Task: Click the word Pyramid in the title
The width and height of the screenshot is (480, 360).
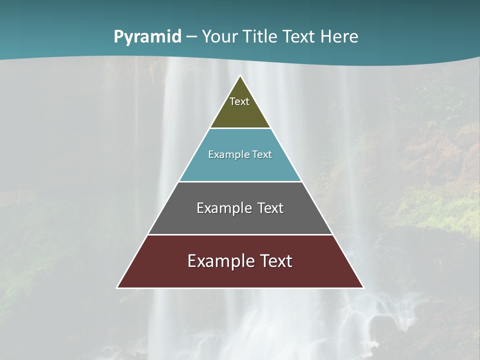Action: [147, 37]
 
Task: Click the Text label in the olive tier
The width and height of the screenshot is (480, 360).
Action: [239, 101]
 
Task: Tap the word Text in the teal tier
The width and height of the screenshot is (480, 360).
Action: [262, 154]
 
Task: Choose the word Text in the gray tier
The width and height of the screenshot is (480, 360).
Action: [270, 208]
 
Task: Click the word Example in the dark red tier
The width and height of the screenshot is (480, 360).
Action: [221, 261]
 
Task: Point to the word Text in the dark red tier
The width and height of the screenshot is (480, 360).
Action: [276, 261]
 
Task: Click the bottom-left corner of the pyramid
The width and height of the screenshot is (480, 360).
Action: [117, 287]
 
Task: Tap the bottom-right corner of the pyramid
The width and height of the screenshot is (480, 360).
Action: [363, 287]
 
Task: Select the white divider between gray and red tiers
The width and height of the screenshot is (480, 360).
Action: [240, 234]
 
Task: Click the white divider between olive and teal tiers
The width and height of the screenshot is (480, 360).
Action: [240, 128]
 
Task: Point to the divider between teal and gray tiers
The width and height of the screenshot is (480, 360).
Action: [240, 181]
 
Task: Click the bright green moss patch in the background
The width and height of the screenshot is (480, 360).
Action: [445, 210]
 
